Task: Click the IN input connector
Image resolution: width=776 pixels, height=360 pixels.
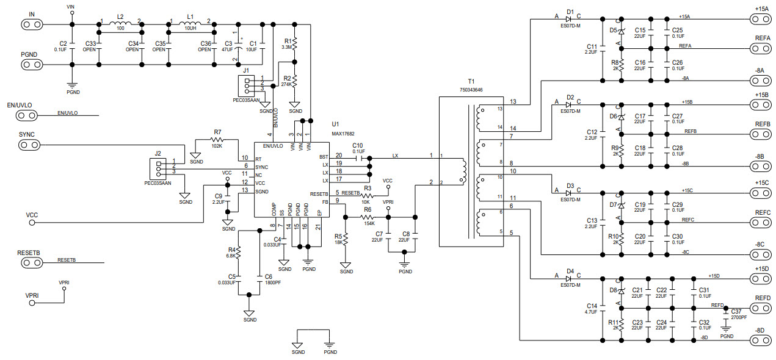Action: coord(32,24)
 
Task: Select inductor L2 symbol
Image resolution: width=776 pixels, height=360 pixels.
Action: coord(120,24)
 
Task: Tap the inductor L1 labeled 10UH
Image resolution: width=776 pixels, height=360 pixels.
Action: coord(190,24)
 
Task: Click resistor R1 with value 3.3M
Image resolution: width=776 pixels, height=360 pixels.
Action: coord(295,44)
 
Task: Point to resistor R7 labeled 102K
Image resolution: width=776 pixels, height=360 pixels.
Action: coord(217,139)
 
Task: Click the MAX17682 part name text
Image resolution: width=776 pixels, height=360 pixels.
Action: coord(343,134)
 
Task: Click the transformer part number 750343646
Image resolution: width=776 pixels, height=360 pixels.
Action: coord(471,90)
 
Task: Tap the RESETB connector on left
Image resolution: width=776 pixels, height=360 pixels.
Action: coord(32,262)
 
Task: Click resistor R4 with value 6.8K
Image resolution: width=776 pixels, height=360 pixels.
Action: coord(239,252)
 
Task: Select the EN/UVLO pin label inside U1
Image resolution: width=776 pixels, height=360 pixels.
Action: coord(272,146)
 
